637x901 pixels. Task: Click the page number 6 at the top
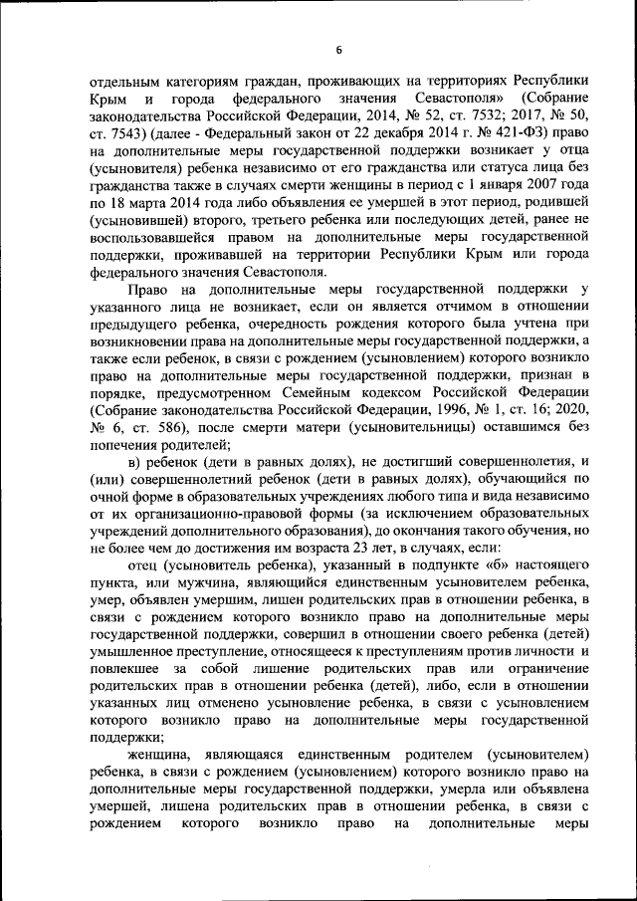(x=337, y=50)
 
